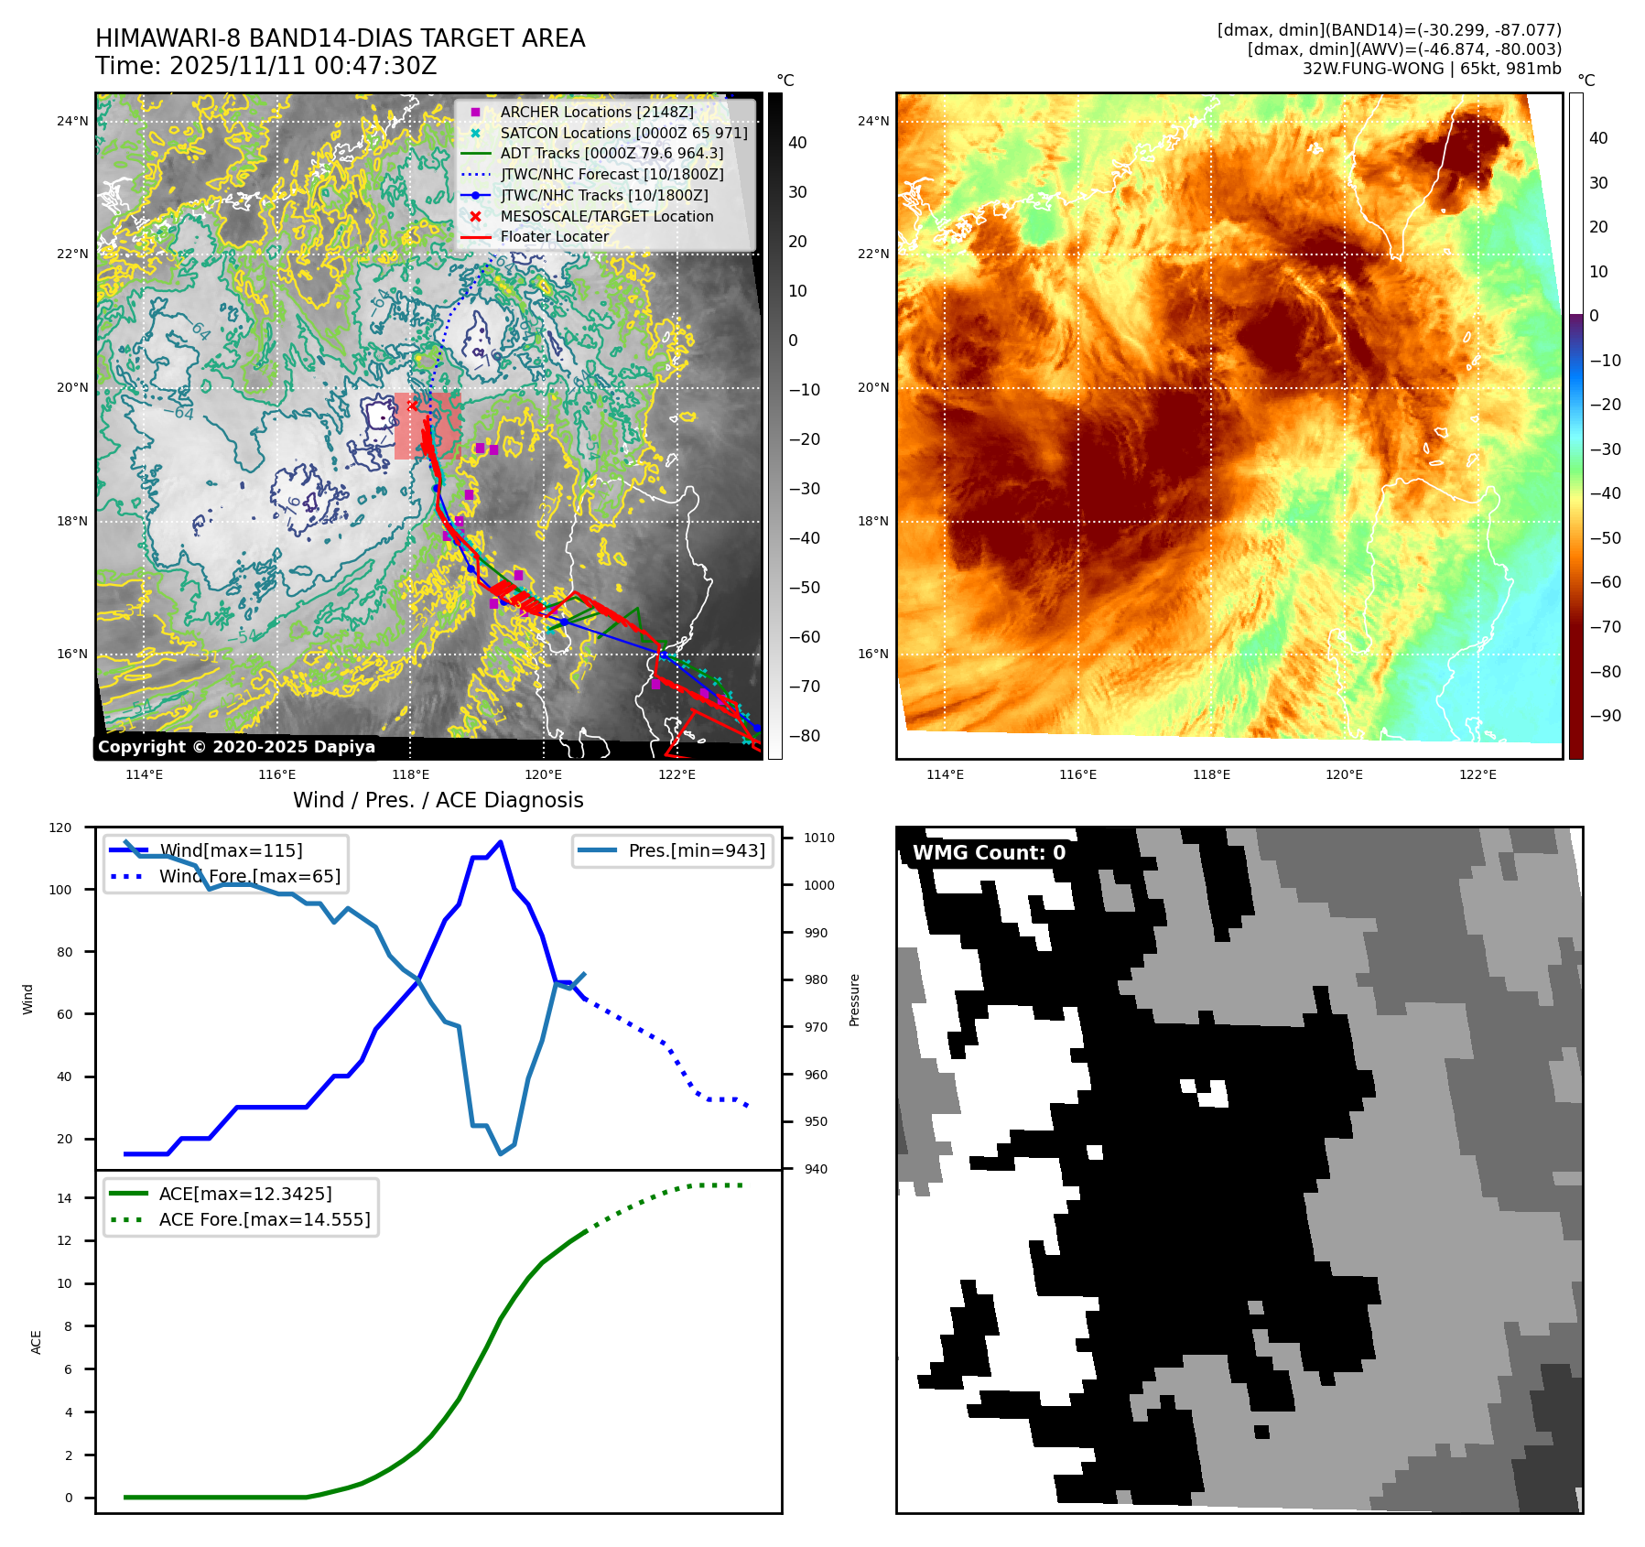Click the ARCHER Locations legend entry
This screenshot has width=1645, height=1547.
[x=596, y=112]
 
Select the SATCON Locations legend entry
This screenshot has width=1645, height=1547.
[x=623, y=133]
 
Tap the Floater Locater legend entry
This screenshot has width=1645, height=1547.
[x=554, y=236]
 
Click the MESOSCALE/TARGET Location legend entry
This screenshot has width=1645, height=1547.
[x=606, y=216]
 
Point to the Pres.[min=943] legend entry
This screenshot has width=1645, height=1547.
[x=697, y=850]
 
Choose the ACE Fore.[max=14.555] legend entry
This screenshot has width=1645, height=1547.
[x=265, y=1219]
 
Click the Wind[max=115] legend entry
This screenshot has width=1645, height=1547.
[x=231, y=850]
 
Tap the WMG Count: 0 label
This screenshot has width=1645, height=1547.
[x=989, y=853]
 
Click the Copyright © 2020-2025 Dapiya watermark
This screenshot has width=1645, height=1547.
[x=236, y=747]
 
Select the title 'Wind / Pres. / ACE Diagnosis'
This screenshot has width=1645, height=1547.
[x=438, y=800]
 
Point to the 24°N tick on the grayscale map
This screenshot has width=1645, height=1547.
[x=72, y=121]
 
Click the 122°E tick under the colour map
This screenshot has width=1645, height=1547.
[x=1477, y=774]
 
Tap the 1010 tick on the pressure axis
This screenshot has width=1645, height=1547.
[x=819, y=838]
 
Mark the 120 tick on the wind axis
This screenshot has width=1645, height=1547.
[x=60, y=828]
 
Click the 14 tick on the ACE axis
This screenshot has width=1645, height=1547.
[x=64, y=1198]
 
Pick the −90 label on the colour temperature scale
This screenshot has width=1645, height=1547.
[x=1605, y=716]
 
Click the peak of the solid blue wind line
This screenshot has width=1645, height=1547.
[x=500, y=842]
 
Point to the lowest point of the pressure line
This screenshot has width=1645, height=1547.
[x=501, y=1153]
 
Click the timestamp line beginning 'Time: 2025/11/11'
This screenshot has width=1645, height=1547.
[x=265, y=66]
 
